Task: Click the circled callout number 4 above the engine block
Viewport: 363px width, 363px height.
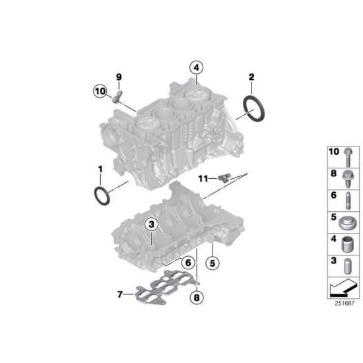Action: click(x=196, y=67)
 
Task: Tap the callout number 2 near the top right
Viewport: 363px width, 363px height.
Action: click(x=251, y=78)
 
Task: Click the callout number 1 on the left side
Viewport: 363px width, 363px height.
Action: click(x=100, y=169)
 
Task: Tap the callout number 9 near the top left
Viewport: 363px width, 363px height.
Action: click(x=119, y=77)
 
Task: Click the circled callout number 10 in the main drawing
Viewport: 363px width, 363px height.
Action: click(x=100, y=90)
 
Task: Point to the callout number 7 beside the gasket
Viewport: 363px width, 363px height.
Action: click(x=119, y=294)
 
